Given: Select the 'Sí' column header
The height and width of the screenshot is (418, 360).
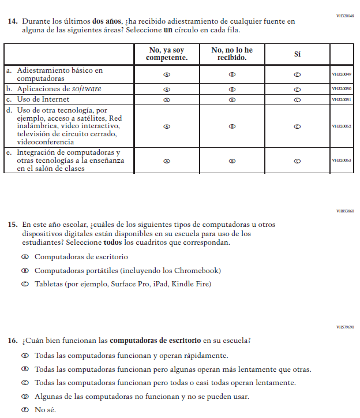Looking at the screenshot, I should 297,54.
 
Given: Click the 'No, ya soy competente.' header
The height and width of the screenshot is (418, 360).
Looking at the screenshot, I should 167,54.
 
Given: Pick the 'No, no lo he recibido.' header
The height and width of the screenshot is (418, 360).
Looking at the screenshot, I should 232,54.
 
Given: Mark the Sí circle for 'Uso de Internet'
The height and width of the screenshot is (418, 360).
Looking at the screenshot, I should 297,99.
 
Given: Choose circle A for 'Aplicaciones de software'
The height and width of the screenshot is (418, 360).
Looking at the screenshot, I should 167,89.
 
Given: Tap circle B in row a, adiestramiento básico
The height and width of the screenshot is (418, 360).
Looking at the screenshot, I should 232,74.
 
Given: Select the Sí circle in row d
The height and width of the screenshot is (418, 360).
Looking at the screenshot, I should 297,126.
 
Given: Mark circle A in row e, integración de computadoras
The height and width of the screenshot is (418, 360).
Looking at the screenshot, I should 167,161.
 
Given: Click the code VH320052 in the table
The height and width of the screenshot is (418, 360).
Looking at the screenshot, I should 342,126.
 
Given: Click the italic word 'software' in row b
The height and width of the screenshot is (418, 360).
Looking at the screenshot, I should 87,89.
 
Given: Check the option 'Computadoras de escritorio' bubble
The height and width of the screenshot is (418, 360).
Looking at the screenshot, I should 25,257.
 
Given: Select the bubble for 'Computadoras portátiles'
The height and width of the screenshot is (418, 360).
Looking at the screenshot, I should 25,271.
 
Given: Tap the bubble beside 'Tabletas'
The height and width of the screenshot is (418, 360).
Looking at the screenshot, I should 25,284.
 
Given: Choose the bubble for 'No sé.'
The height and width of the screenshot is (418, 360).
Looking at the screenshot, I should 25,410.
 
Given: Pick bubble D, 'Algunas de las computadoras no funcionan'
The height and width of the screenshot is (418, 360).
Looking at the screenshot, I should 25,397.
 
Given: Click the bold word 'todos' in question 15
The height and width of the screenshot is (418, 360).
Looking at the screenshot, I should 113,243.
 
